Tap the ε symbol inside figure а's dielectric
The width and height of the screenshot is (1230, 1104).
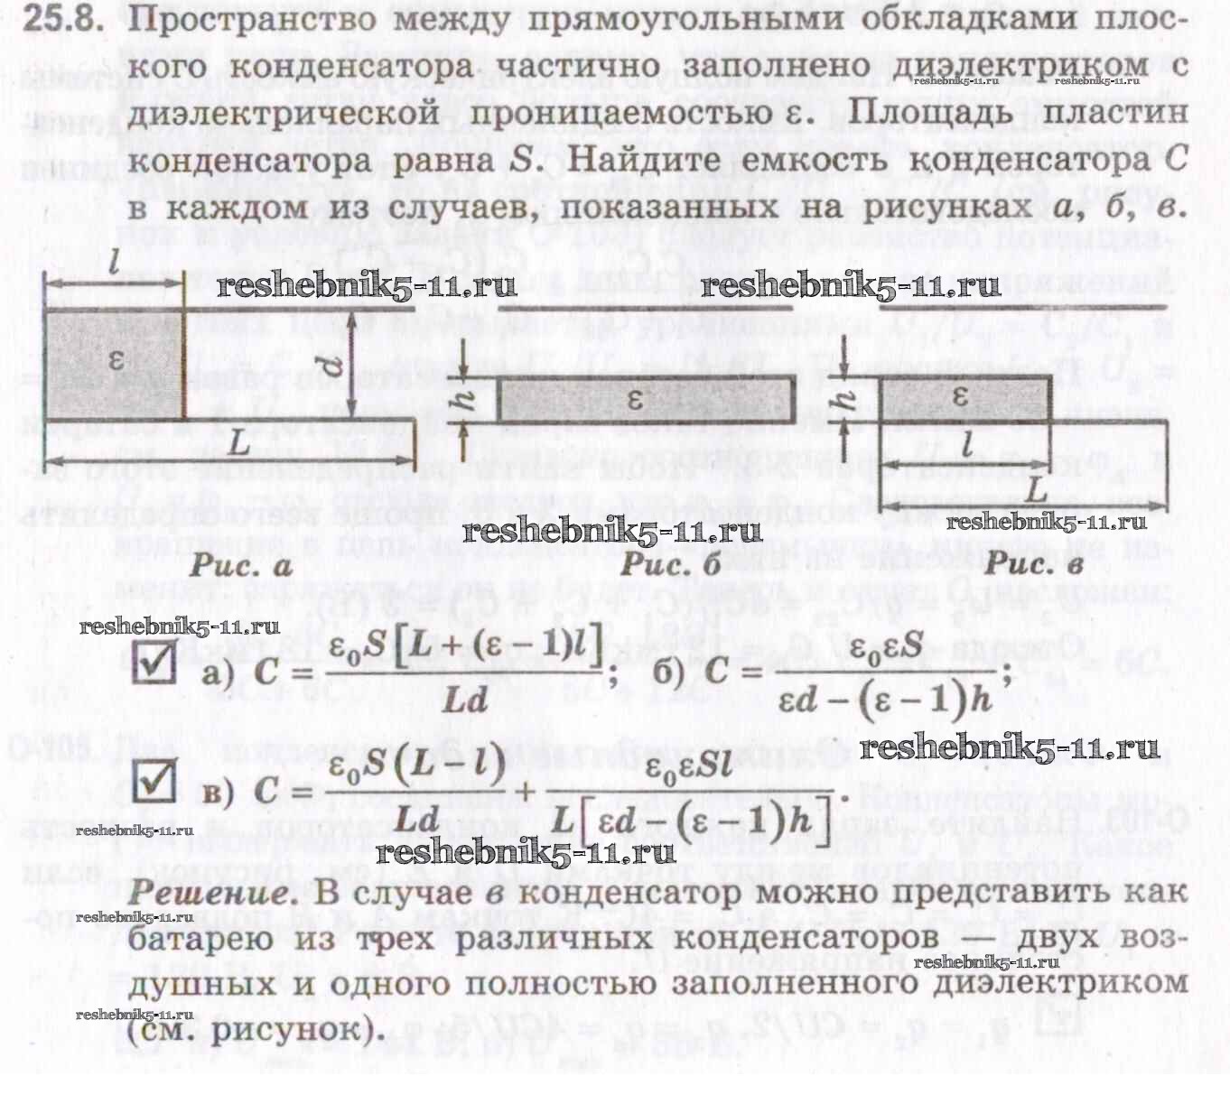(x=115, y=359)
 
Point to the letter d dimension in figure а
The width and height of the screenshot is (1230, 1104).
(x=333, y=365)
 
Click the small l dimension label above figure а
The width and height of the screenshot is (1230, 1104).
(x=112, y=264)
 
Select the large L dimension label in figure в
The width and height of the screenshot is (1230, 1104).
(x=1035, y=491)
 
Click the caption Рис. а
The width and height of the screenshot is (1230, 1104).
(x=240, y=567)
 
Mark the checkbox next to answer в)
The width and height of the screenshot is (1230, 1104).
(x=154, y=782)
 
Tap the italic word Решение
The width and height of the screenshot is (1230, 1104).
(x=213, y=893)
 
